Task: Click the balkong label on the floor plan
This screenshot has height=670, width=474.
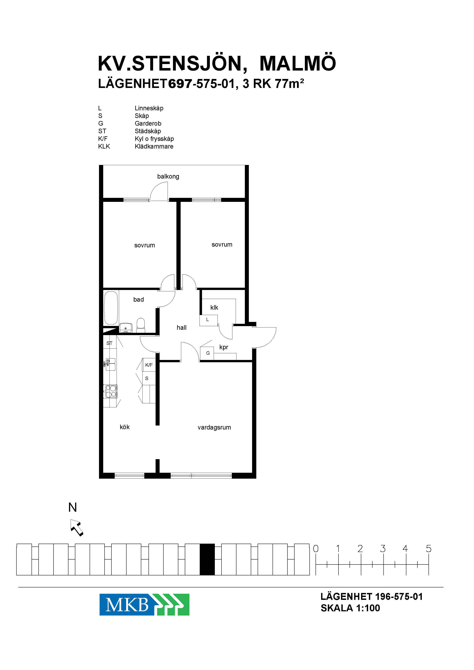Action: [x=168, y=177]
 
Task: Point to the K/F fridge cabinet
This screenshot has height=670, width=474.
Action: [x=149, y=365]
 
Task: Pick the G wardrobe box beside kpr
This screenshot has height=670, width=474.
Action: [x=207, y=353]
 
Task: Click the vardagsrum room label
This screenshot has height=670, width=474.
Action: [x=214, y=428]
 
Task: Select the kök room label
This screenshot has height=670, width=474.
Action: [x=125, y=427]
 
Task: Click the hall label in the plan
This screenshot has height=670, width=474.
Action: [x=182, y=328]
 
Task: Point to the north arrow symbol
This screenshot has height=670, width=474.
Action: [x=77, y=528]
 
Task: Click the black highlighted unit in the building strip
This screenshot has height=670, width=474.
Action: [x=207, y=559]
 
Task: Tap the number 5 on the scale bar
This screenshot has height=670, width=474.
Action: [x=429, y=549]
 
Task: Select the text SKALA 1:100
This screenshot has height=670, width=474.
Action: [x=350, y=608]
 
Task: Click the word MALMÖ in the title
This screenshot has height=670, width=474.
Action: [x=298, y=63]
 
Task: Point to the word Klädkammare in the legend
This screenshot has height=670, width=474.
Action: [x=154, y=147]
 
